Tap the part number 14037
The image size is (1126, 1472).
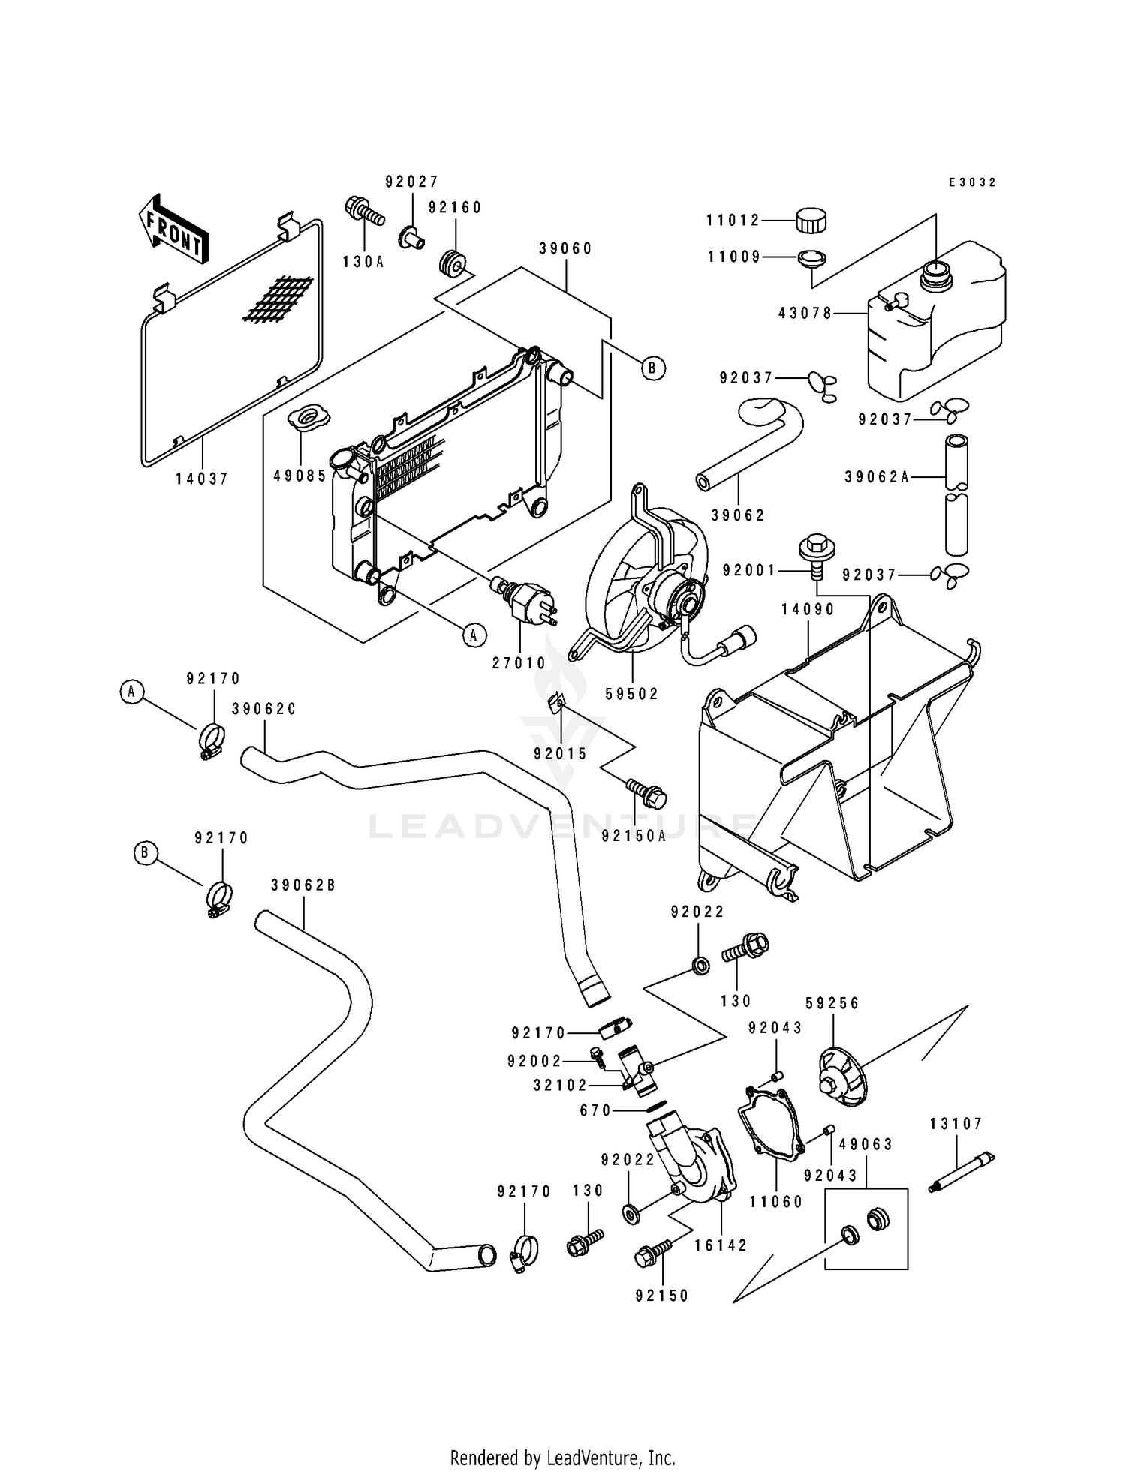(x=202, y=479)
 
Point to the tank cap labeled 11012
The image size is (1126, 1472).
(x=811, y=221)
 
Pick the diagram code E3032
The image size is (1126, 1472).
(x=972, y=182)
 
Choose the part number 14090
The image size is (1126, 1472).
(x=808, y=610)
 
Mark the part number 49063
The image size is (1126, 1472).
(x=866, y=1144)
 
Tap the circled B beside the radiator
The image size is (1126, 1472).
(x=653, y=368)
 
